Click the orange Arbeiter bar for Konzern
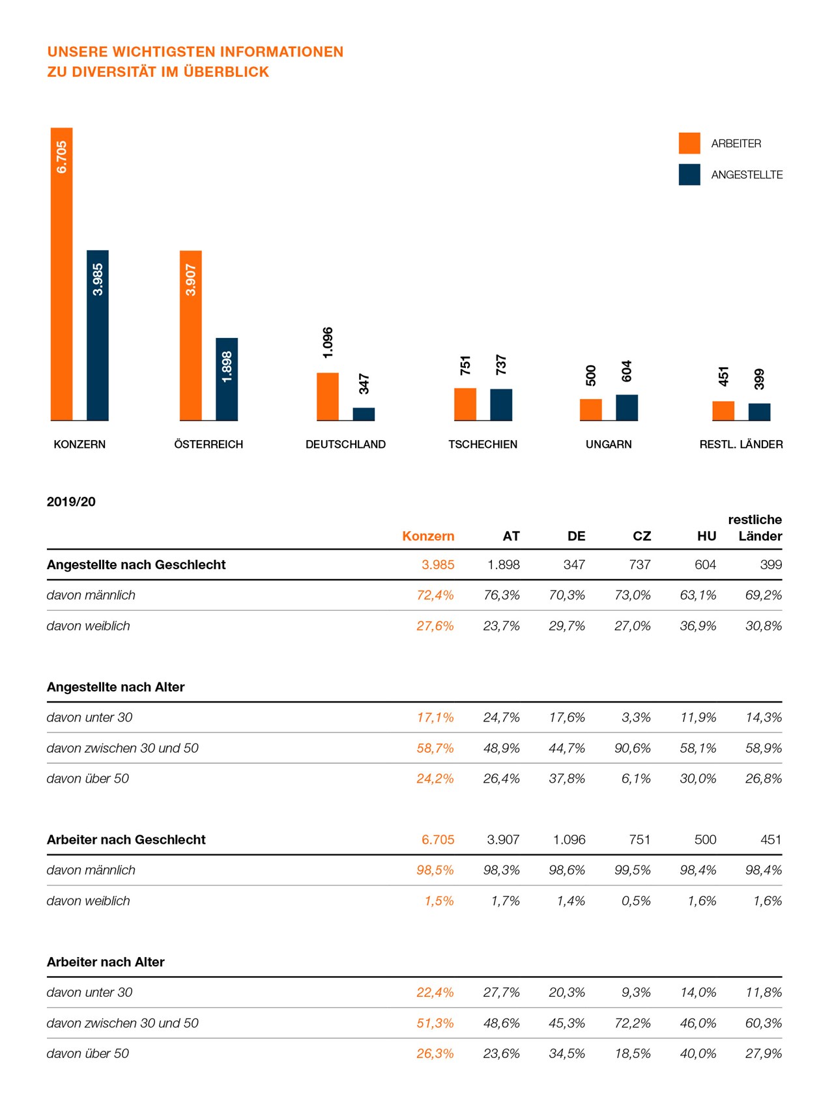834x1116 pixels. (62, 273)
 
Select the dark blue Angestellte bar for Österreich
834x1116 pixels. (227, 379)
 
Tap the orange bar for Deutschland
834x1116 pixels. (328, 397)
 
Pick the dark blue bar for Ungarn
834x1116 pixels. (627, 408)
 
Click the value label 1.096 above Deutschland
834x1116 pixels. (328, 342)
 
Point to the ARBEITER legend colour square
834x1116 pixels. (689, 143)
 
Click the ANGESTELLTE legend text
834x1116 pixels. (747, 174)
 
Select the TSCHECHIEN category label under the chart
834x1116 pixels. (483, 444)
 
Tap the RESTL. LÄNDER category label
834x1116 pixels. (741, 444)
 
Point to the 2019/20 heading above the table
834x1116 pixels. (71, 501)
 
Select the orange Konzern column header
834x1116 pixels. (428, 536)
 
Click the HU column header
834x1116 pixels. (706, 536)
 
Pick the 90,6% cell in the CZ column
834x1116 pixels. (632, 748)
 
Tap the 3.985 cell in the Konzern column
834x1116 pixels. (438, 565)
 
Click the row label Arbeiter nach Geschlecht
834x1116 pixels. (126, 839)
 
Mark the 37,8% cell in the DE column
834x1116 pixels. (567, 778)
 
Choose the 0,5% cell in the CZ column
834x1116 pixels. (636, 900)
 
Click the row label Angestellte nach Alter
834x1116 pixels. (115, 687)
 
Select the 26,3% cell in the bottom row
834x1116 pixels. (435, 1053)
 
